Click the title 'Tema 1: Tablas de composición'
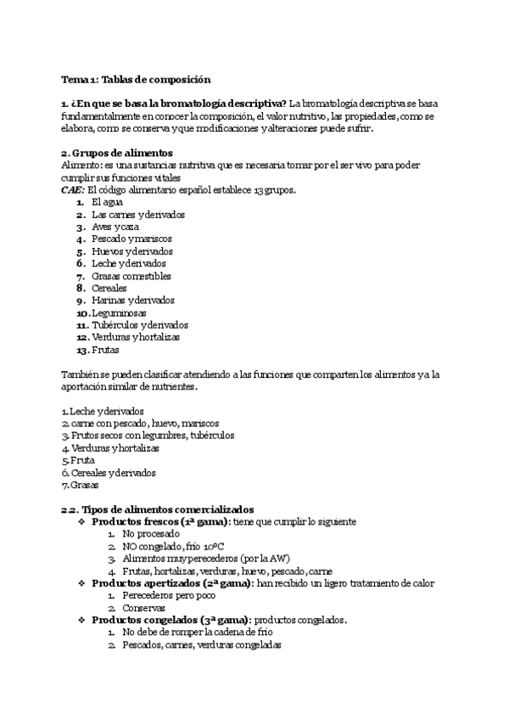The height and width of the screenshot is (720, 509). click(x=135, y=79)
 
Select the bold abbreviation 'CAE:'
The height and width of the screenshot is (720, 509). click(x=72, y=190)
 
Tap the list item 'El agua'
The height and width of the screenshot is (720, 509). click(x=107, y=203)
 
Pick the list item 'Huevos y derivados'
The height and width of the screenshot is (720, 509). click(x=131, y=252)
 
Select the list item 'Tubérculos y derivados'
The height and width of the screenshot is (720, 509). click(x=139, y=325)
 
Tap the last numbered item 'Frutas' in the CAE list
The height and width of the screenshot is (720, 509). click(x=106, y=350)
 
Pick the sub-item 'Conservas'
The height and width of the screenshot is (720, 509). click(x=143, y=609)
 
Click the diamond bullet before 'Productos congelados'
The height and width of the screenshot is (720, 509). click(x=81, y=621)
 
